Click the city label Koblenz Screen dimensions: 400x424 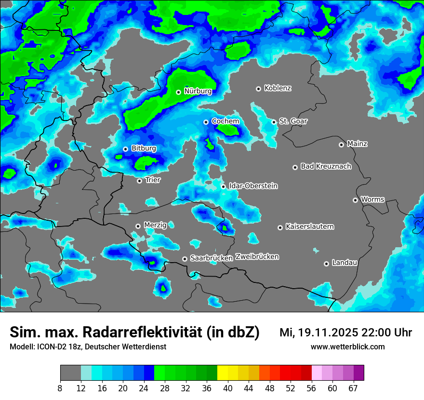click(278, 88)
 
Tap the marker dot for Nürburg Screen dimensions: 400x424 click(178, 92)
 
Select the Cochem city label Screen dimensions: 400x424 click(225, 121)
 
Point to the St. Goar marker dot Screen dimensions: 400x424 click(274, 122)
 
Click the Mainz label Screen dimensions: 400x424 click(357, 144)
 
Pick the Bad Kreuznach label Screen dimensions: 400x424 click(326, 166)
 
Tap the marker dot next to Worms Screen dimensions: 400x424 click(355, 200)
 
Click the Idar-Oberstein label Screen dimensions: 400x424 click(253, 186)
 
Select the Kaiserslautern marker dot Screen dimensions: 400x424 click(280, 227)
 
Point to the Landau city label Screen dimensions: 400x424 click(344, 263)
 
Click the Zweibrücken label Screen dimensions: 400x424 click(257, 257)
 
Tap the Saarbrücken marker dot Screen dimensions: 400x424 click(185, 259)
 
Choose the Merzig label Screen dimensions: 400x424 click(155, 225)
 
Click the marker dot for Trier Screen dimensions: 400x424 click(139, 181)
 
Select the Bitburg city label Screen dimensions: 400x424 click(144, 148)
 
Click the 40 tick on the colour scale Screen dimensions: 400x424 click(227, 388)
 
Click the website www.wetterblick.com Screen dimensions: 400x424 click(347, 347)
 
